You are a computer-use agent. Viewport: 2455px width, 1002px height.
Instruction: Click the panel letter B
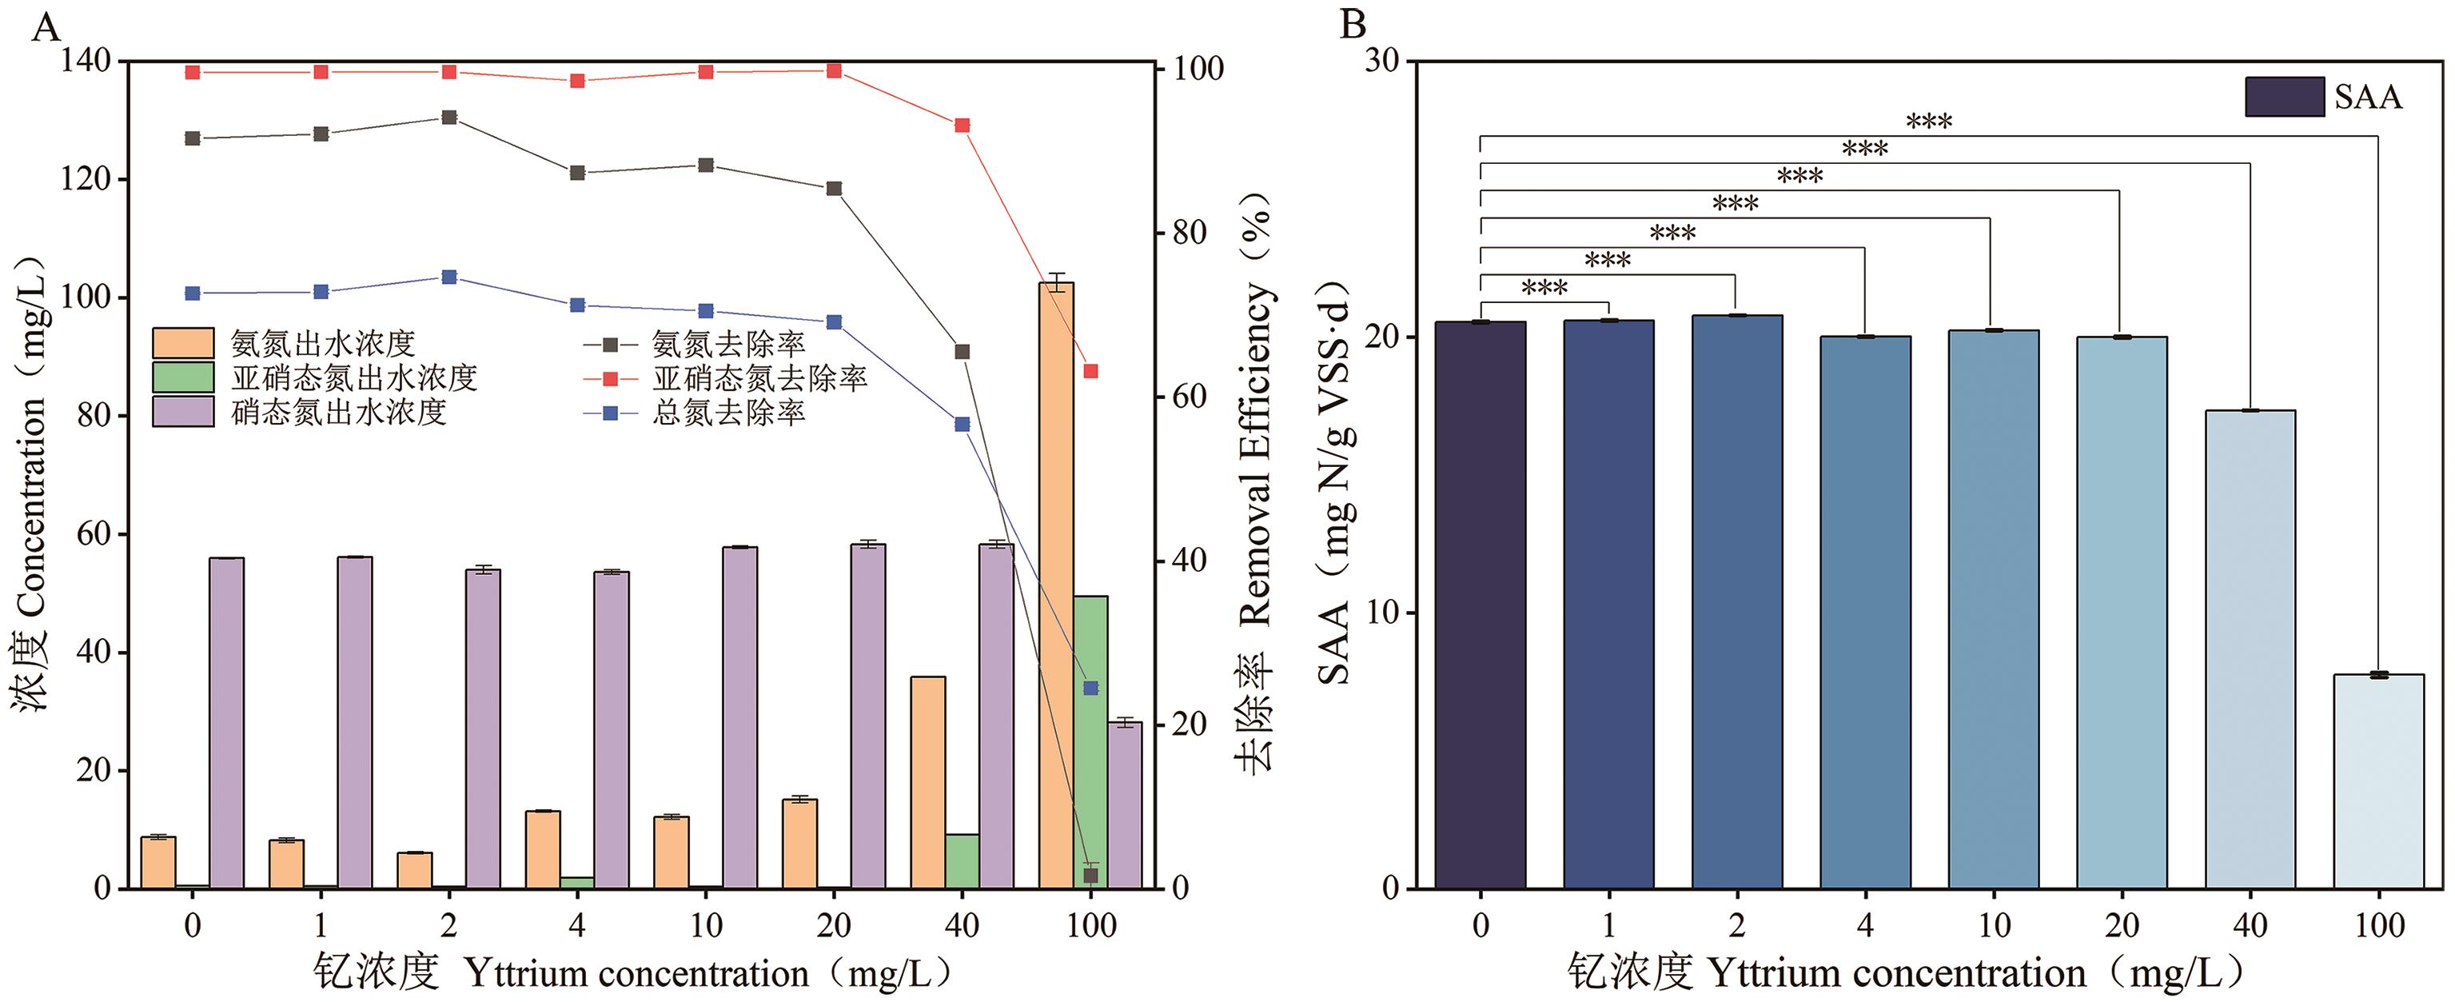pyautogui.click(x=1353, y=24)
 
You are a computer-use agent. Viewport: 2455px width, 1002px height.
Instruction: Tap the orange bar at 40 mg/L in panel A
pyautogui.click(x=928, y=782)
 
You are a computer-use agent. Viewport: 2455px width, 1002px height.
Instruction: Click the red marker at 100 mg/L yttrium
pyautogui.click(x=1091, y=371)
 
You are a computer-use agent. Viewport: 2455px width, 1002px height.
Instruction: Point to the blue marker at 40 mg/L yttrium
pyautogui.click(x=962, y=425)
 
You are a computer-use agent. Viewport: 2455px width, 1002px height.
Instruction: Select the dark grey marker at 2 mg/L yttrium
pyautogui.click(x=449, y=118)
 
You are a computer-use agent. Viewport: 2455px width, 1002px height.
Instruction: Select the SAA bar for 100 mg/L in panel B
pyautogui.click(x=2379, y=782)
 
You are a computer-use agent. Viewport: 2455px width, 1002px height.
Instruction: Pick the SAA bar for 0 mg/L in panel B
pyautogui.click(x=1480, y=605)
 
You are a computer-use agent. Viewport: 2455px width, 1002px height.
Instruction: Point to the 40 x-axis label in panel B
pyautogui.click(x=2250, y=924)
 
